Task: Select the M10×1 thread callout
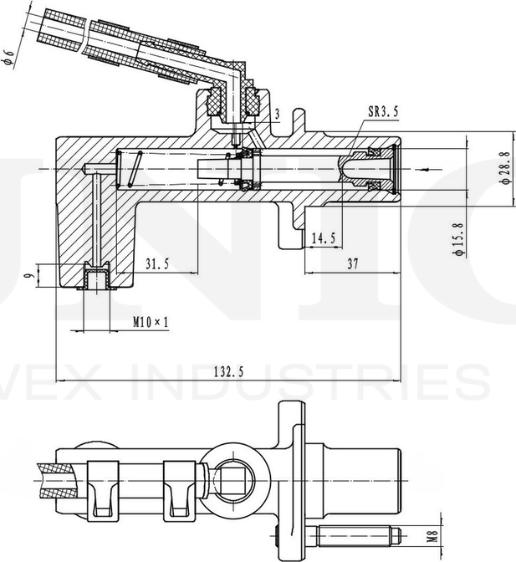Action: coord(151,321)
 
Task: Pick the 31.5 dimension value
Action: coord(157,263)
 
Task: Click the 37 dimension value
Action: coord(352,263)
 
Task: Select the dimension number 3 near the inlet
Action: coord(277,113)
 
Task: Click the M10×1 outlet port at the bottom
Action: coord(99,276)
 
